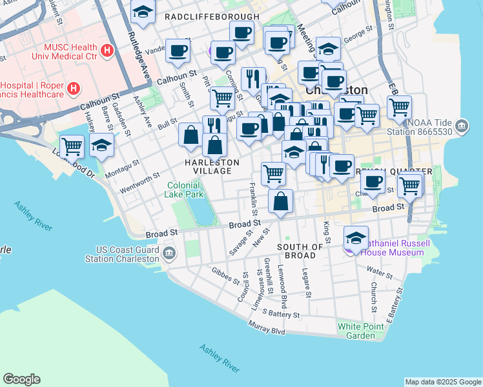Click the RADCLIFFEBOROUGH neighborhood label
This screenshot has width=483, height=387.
tap(212, 16)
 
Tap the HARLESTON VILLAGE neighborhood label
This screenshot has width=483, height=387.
tap(208, 166)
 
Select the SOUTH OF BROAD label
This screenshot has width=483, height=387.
tap(300, 251)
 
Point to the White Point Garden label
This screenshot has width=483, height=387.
tap(356, 331)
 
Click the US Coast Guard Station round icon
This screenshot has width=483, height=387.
tap(169, 252)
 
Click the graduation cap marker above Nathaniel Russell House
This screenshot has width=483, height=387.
tap(356, 237)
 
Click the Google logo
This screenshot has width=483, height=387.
tap(21, 379)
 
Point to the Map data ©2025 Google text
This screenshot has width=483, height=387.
tap(443, 382)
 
